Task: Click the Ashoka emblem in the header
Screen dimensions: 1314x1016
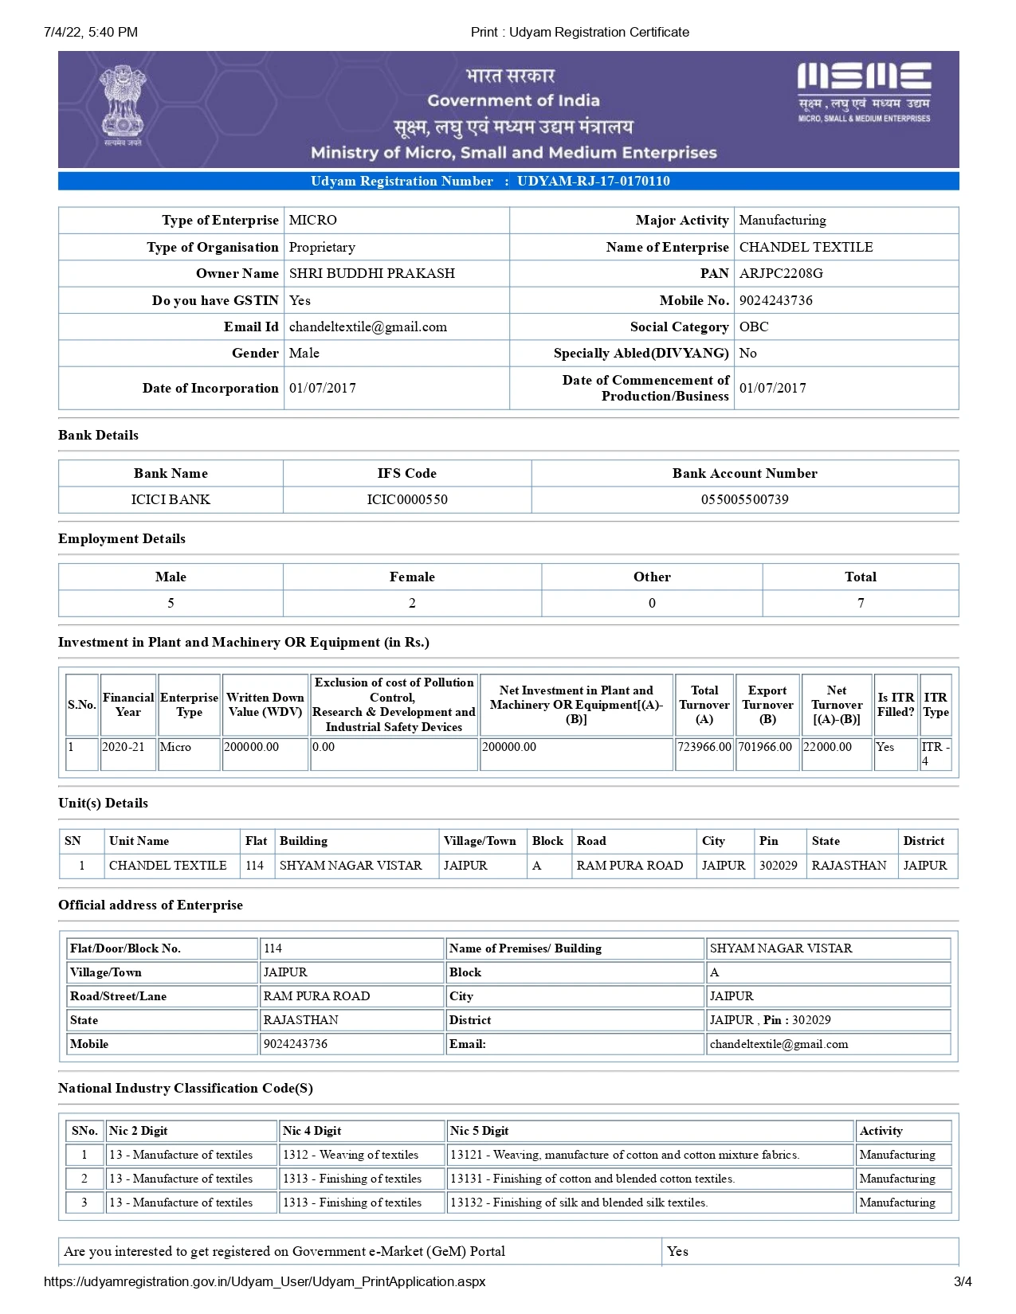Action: [123, 105]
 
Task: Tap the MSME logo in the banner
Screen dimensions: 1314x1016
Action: [864, 92]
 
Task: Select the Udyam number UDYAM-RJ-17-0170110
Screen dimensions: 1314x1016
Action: [593, 181]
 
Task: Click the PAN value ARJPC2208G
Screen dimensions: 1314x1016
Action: [781, 273]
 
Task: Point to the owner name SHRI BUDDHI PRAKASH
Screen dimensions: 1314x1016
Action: [371, 273]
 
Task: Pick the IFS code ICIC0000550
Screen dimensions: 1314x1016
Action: [407, 499]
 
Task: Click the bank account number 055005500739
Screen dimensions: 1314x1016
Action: [744, 499]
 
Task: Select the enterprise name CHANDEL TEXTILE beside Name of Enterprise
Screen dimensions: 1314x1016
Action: [806, 247]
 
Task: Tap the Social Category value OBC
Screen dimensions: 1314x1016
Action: [754, 327]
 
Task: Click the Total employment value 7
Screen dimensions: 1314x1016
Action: [861, 603]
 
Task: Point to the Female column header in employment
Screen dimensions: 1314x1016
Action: [412, 577]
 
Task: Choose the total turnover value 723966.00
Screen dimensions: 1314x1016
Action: [704, 747]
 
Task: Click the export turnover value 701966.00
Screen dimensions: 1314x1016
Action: [766, 747]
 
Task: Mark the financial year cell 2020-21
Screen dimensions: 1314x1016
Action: [124, 747]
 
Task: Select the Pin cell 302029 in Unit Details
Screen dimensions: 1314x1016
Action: [778, 865]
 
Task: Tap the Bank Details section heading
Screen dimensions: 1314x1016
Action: [98, 435]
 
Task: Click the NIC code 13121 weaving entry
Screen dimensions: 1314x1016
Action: [624, 1155]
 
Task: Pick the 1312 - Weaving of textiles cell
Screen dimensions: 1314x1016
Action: [351, 1155]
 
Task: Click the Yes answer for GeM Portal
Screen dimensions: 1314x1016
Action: [677, 1251]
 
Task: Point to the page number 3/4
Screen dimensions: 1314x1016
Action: [963, 1281]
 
